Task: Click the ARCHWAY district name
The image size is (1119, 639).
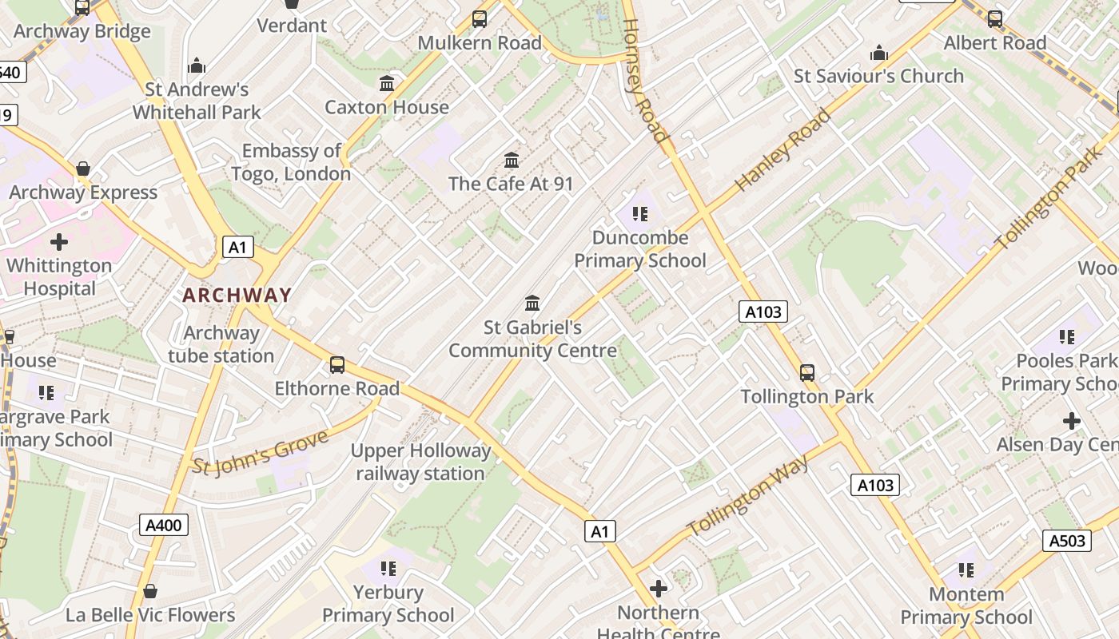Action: tap(237, 295)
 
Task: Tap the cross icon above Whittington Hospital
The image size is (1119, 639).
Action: tap(59, 241)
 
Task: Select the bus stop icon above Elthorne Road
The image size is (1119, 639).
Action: tap(337, 365)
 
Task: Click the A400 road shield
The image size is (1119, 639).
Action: tap(164, 525)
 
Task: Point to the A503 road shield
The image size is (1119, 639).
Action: tap(1067, 541)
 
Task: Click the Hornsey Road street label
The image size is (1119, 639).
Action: tap(643, 81)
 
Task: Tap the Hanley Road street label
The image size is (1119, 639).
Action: tap(783, 150)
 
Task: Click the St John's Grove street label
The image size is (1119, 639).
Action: tap(261, 453)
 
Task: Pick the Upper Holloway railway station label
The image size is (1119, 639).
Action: tap(420, 462)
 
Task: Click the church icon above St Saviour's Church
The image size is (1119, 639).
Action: tap(879, 53)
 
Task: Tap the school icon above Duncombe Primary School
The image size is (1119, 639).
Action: tap(639, 213)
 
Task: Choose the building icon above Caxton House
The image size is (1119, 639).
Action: tap(387, 83)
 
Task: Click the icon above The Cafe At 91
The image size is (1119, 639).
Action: tap(512, 160)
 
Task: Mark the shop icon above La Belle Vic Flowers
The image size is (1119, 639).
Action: tap(150, 591)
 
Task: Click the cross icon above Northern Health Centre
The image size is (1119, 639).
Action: tap(659, 589)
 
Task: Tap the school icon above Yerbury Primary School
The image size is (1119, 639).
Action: tap(388, 568)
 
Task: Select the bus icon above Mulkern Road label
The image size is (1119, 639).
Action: tap(480, 18)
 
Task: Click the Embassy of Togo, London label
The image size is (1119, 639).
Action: tap(292, 162)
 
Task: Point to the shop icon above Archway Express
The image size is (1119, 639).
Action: tap(83, 169)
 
